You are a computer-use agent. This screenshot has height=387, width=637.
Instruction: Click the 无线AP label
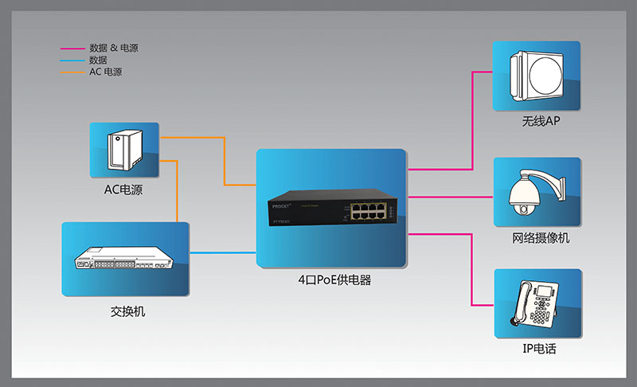[x=541, y=123]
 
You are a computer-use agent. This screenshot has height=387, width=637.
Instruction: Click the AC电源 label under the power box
[x=123, y=190]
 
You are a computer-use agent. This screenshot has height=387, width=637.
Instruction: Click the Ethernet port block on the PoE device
[x=372, y=211]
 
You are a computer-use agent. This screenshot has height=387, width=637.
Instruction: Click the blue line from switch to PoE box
[x=223, y=252]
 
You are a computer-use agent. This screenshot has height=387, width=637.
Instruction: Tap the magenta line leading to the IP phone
[x=471, y=271]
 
